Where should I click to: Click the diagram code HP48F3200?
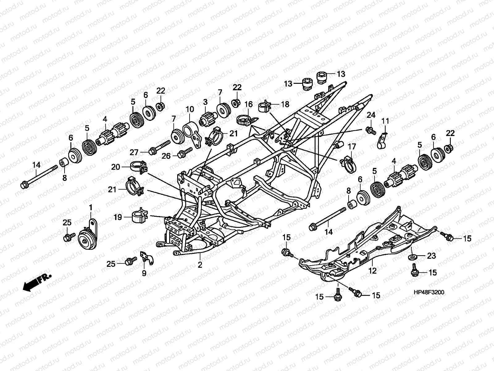click(429, 292)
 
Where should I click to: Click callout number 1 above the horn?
click(91, 208)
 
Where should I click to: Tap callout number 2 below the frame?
click(200, 265)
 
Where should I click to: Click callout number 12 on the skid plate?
click(372, 271)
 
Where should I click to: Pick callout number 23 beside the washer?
click(431, 256)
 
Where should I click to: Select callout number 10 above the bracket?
click(190, 109)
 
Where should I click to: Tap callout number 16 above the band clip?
click(249, 104)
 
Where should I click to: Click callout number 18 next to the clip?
click(285, 104)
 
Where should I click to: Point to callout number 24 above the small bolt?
click(371, 115)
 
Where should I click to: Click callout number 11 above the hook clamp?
click(385, 121)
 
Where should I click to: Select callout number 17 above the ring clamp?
click(352, 147)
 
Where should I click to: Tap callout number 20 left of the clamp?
click(116, 167)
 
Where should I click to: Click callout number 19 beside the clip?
click(118, 217)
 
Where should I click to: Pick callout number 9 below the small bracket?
click(144, 273)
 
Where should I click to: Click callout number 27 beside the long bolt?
click(134, 152)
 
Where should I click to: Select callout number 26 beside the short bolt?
click(166, 156)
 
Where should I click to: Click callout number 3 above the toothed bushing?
click(205, 102)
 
